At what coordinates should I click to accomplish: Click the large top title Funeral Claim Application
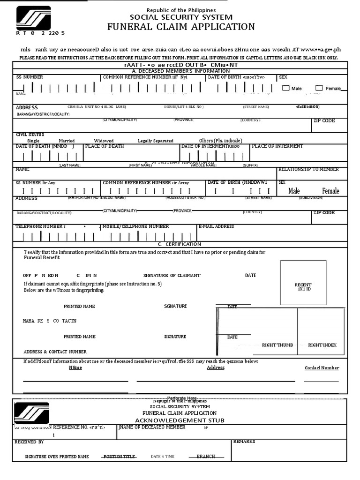pos(181,27)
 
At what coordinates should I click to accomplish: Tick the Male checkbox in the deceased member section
pos(286,88)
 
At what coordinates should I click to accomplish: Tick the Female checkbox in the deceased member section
pos(319,88)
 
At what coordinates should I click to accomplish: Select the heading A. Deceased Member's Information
pos(180,71)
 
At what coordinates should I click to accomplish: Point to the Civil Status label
pos(30,135)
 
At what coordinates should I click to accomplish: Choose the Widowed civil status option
pos(104,141)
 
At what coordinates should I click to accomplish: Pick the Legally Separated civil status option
pos(155,141)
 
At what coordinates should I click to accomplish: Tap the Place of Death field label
pos(105,146)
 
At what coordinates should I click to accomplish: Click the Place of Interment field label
pos(277,146)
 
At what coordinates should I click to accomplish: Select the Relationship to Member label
pos(308,169)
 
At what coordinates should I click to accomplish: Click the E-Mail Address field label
pos(216,226)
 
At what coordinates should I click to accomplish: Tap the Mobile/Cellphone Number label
pos(135,226)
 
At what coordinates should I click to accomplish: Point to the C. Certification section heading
pos(180,244)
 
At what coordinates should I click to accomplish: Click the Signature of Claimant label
pos(172,276)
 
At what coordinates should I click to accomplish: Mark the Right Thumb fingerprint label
pos(277,345)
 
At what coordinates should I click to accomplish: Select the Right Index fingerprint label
pos(322,345)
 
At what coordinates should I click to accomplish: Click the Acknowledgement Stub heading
pos(180,420)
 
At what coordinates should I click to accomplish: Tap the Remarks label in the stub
pos(244,442)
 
